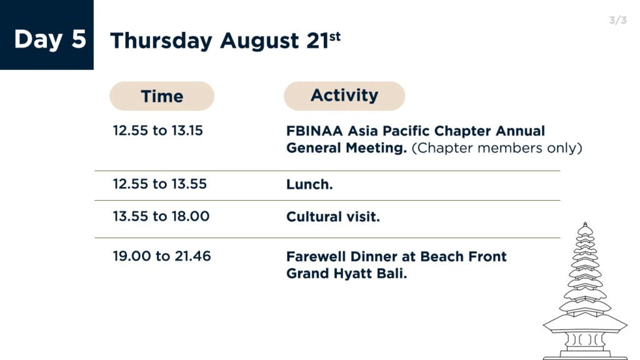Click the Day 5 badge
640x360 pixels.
tap(46, 35)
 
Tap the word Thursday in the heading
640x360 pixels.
tap(161, 41)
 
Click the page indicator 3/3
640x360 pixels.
tap(617, 20)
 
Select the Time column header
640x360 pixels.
tap(162, 96)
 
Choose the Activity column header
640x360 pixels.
tap(344, 96)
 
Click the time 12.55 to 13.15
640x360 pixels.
tap(157, 131)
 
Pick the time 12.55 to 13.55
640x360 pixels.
tap(159, 184)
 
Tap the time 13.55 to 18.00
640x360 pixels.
tap(161, 216)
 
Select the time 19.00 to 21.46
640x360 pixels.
tap(162, 256)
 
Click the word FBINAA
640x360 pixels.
tap(314, 131)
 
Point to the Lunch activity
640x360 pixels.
tap(309, 184)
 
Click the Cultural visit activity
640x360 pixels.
tap(333, 216)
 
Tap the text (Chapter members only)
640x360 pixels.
tap(497, 147)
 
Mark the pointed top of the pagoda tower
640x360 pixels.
tap(585, 224)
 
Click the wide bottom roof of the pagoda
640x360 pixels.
tap(585, 325)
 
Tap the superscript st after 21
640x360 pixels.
tap(335, 37)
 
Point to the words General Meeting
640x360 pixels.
tap(346, 147)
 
